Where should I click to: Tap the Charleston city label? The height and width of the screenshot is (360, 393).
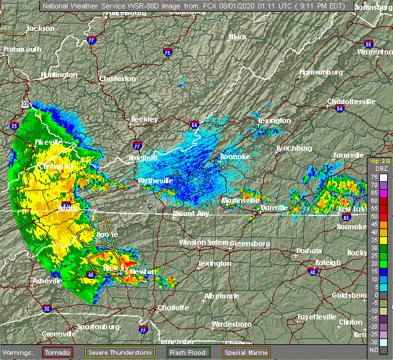(117, 79)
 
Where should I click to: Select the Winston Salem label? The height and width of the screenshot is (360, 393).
(202, 243)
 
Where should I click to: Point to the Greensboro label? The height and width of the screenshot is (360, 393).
(252, 244)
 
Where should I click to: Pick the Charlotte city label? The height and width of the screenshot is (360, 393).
(173, 308)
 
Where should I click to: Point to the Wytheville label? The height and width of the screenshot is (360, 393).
(155, 181)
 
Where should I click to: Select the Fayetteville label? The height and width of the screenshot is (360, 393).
(317, 317)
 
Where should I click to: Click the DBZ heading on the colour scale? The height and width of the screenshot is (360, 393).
(375, 168)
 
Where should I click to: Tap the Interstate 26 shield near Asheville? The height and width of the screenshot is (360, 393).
(46, 308)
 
